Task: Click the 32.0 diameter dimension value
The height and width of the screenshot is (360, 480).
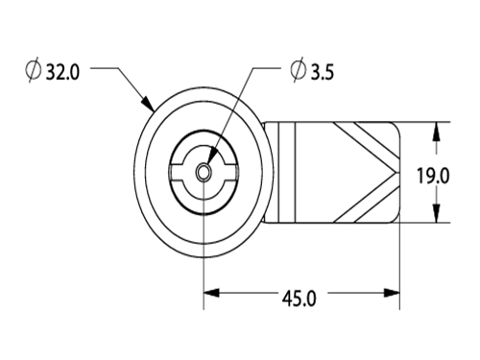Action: point(62,72)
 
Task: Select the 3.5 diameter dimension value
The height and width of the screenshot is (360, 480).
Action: point(323,72)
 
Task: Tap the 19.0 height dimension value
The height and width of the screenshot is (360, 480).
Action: point(433,176)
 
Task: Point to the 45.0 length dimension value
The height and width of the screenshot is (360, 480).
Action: point(299,299)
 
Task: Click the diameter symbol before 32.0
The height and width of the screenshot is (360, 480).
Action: point(34,70)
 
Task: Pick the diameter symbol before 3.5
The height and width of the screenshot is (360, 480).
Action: point(299,70)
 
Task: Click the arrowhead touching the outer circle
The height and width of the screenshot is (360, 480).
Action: point(148,103)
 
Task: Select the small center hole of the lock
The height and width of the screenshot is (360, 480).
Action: point(204,173)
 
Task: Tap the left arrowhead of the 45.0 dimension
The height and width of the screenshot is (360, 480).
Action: point(211,293)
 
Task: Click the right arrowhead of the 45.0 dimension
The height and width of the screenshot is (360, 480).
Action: point(392,293)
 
